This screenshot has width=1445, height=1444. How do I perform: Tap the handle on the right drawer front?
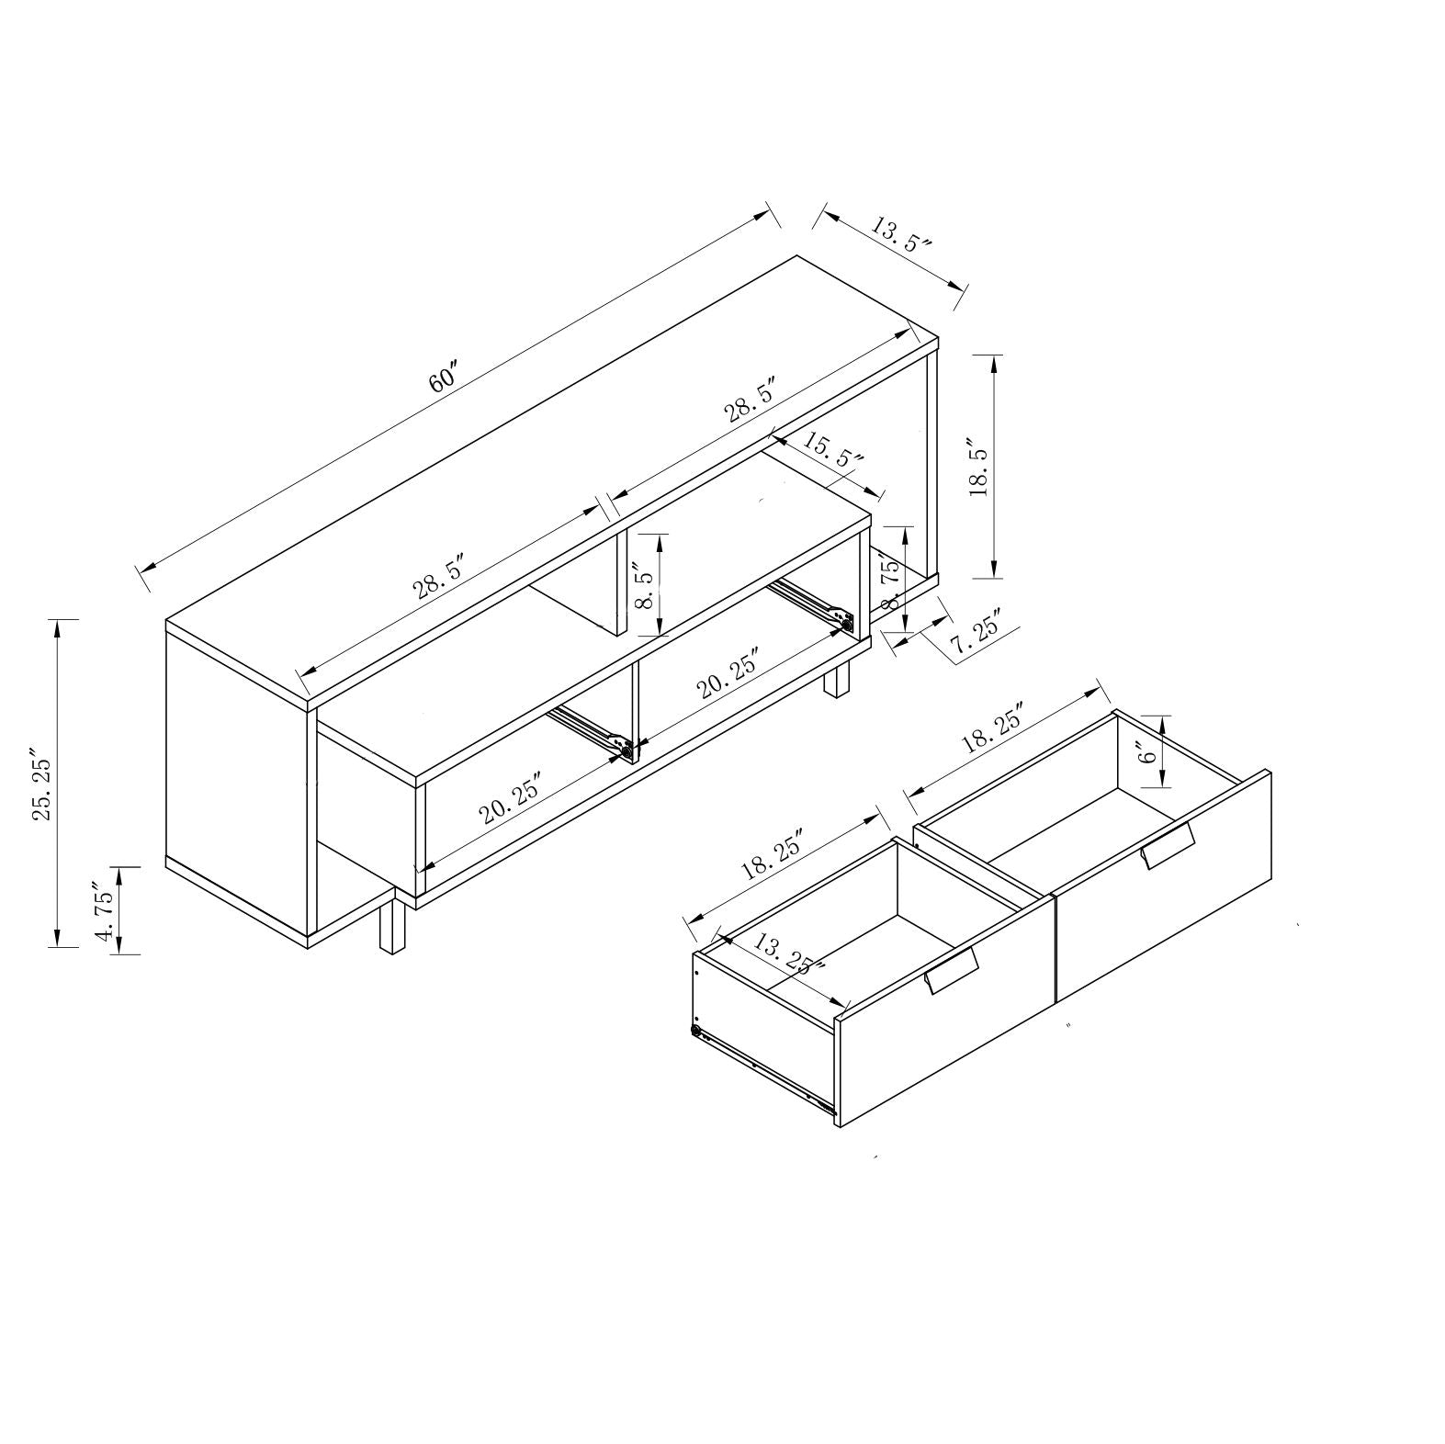[x=1167, y=846]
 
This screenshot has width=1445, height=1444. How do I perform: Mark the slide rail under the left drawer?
[x=762, y=1071]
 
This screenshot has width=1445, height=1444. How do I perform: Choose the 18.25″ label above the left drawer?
[x=773, y=854]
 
